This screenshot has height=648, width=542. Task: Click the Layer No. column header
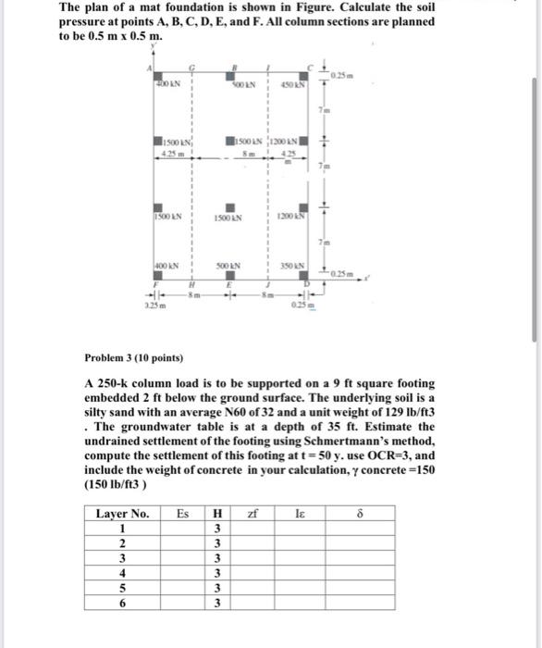click(x=122, y=513)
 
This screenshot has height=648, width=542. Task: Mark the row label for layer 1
click(x=122, y=528)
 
